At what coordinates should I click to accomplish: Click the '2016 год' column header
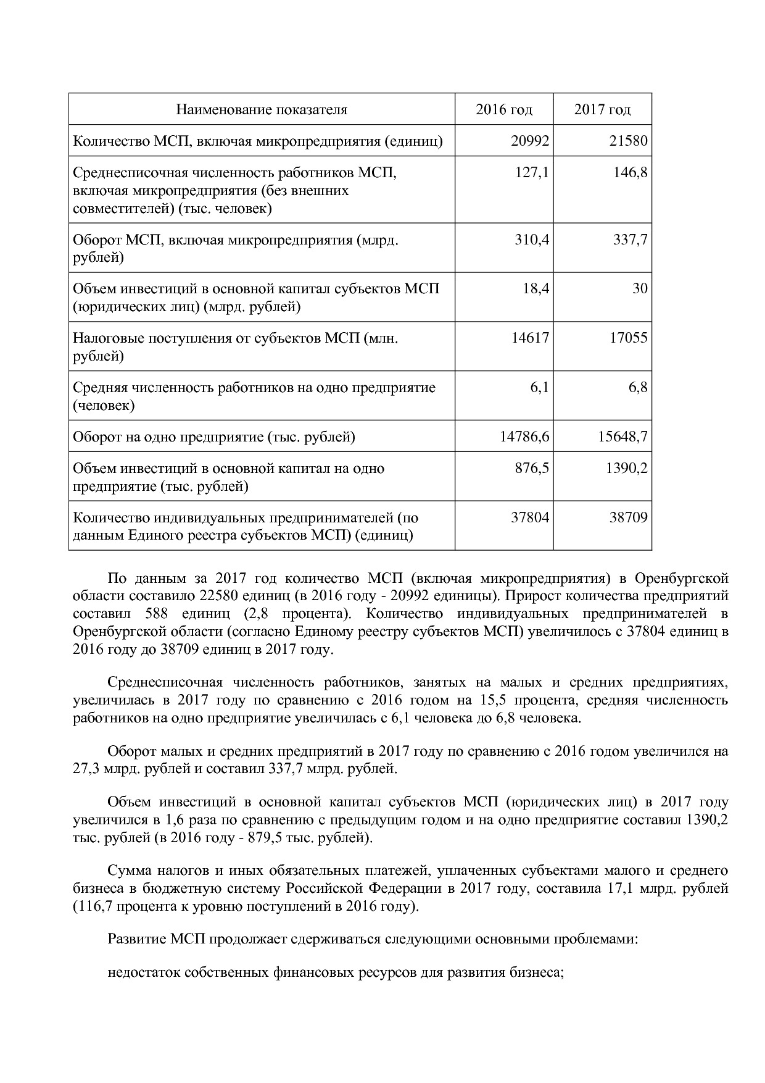click(x=503, y=110)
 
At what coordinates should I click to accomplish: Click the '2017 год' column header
click(x=602, y=110)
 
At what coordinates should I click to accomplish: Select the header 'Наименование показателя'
click(x=262, y=110)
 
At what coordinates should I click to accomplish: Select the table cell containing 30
click(x=640, y=288)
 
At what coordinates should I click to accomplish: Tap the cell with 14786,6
click(x=524, y=437)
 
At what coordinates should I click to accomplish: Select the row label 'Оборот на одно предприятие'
click(x=214, y=437)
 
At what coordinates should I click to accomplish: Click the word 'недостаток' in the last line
click(x=138, y=973)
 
